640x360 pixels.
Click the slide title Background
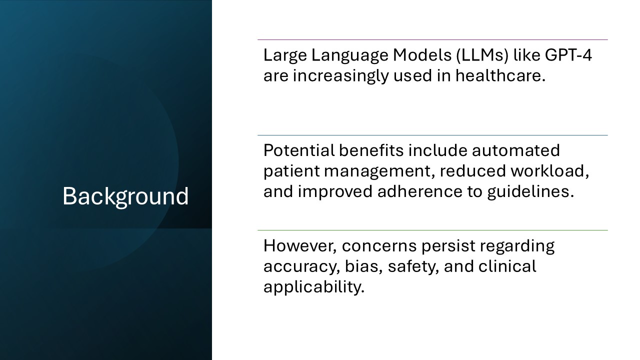(x=125, y=196)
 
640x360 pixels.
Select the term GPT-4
(x=566, y=55)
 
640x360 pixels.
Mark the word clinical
(x=507, y=266)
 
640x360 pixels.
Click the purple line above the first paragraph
(x=432, y=39)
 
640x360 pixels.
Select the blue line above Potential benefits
(x=432, y=135)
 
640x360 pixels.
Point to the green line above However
(x=432, y=230)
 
